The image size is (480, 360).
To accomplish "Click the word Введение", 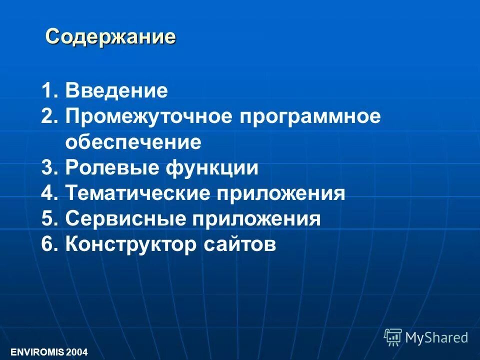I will (116, 91).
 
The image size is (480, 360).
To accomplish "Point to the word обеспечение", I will (133, 143).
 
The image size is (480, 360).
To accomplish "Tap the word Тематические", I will (136, 193).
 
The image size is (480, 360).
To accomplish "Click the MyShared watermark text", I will (436, 337).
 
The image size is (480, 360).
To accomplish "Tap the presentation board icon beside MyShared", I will (393, 337).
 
